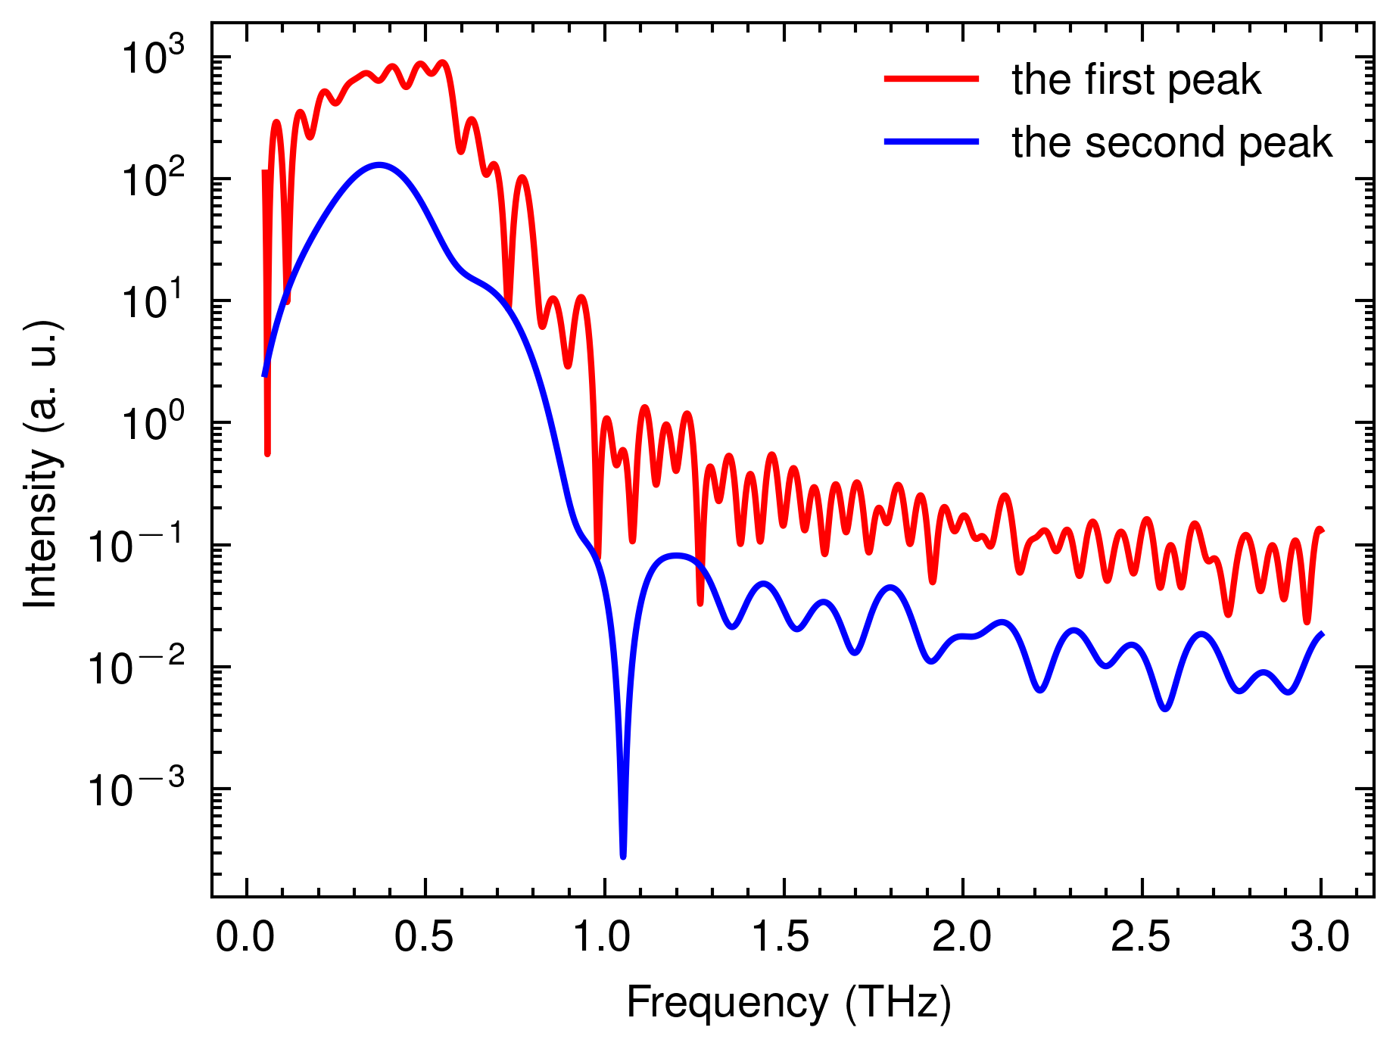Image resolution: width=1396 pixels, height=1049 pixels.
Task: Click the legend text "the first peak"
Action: coord(1136,79)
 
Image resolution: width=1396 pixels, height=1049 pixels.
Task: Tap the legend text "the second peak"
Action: coord(1172,142)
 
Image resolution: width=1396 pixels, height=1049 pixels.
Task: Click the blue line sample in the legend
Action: coord(932,142)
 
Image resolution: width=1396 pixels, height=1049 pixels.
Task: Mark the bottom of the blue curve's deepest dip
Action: coord(623,856)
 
